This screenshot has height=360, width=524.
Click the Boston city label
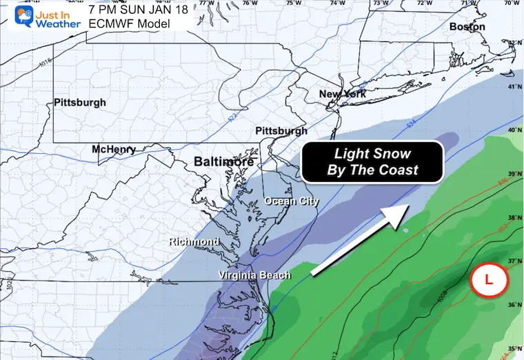pos(467,27)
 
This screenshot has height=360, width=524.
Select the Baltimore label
pos(224,161)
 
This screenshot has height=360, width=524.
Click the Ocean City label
pos(292,201)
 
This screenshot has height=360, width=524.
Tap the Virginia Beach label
pos(254,275)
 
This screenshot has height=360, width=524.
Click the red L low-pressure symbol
pos(489,280)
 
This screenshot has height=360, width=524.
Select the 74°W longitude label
pos(336,4)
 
